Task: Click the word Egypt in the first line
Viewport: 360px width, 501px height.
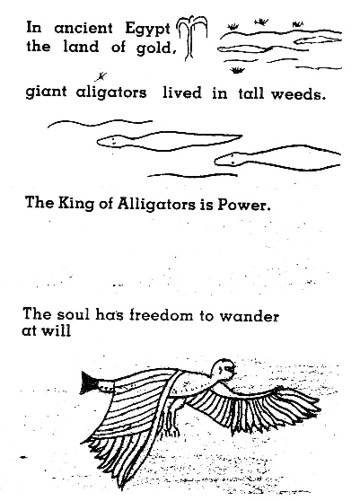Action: [147, 30]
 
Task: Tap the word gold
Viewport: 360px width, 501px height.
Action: [156, 48]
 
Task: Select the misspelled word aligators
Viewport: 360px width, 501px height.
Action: [111, 93]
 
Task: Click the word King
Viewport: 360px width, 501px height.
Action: [76, 204]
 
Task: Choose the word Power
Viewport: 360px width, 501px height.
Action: [243, 205]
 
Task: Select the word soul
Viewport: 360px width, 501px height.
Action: [73, 315]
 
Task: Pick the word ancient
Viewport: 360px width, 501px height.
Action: [83, 28]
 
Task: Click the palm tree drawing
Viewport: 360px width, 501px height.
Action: [192, 38]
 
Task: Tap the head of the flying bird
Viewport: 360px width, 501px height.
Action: [224, 370]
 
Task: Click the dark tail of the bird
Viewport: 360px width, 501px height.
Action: [90, 382]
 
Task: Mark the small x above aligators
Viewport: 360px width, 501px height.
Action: [101, 76]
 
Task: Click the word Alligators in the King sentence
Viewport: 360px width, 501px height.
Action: [156, 204]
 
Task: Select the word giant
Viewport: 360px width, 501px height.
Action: [46, 92]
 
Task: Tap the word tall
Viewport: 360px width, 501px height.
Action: [250, 93]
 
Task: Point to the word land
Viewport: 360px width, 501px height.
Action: [81, 47]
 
